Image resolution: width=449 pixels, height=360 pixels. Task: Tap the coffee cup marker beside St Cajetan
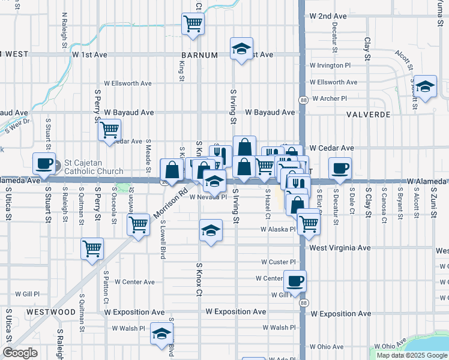[44, 163]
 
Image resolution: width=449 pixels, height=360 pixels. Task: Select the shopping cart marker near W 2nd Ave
[193, 24]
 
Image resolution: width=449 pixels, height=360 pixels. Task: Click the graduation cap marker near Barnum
[241, 49]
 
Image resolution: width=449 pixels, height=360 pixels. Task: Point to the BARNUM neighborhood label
[199, 55]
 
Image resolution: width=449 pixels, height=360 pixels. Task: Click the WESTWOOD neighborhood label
[50, 312]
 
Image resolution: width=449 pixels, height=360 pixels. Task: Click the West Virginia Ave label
[339, 247]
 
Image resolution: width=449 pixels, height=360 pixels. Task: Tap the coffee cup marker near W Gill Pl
[294, 281]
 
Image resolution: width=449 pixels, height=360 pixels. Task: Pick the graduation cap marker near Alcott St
[426, 86]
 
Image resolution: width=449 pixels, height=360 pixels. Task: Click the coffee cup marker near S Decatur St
[340, 168]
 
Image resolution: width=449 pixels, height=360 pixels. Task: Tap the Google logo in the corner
[19, 353]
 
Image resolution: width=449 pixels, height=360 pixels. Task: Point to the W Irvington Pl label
[330, 65]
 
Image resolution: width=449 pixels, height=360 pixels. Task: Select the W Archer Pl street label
[330, 98]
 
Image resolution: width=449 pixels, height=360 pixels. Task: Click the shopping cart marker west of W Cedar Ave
[109, 130]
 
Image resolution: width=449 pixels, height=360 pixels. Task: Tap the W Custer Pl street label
[279, 262]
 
